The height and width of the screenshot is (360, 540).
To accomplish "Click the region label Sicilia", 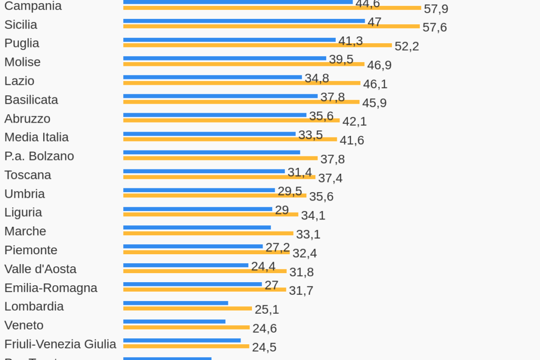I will (x=21, y=25).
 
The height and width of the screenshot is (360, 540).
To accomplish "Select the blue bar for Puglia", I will (x=229, y=40).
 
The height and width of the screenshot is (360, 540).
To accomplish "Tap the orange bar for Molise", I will (x=244, y=64).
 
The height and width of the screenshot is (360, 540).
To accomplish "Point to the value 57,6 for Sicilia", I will (x=434, y=27).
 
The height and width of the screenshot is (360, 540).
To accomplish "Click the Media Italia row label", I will (x=36, y=137).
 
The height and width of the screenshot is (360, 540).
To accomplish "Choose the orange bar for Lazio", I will (x=242, y=83).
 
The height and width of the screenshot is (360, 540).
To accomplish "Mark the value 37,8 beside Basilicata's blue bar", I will (x=332, y=97).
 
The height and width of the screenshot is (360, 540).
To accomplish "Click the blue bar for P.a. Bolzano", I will (x=212, y=153).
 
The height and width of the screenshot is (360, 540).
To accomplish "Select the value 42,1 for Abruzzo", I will (x=354, y=122).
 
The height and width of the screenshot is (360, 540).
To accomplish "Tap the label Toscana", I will (x=28, y=175).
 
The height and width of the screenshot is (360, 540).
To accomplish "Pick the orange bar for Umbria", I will (x=215, y=196).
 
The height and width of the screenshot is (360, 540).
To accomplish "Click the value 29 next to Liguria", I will (x=282, y=211).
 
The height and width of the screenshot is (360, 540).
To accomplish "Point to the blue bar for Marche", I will (x=197, y=228).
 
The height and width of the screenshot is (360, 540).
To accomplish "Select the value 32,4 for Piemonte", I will (x=305, y=253).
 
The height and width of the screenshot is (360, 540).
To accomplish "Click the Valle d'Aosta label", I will (x=41, y=269).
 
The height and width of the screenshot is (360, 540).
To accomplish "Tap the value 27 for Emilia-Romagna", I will (x=271, y=285).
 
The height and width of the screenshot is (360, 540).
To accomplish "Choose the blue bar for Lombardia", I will (x=175, y=303).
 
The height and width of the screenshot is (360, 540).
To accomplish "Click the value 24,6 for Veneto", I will (x=264, y=328).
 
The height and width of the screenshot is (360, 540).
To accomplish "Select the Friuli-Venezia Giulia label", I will (x=60, y=344).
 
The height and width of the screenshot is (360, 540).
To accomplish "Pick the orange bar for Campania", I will (x=272, y=8).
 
